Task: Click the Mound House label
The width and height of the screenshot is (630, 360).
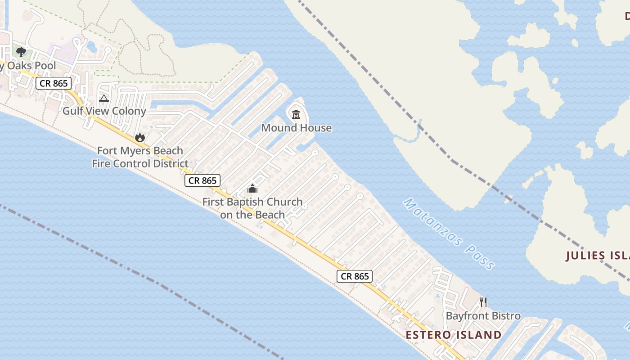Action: pos(296,128)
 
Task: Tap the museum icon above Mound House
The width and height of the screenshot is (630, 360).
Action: pos(296,115)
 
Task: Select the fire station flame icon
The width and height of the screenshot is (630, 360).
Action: pos(140,137)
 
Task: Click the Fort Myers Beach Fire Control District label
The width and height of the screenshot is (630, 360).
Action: pos(140,157)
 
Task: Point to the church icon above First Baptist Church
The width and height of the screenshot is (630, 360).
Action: pos(252,188)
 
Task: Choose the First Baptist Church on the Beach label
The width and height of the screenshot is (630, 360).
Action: pos(252,208)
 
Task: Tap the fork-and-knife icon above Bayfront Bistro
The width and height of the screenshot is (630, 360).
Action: pos(483,302)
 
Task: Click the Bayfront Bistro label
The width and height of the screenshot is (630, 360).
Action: pos(483,316)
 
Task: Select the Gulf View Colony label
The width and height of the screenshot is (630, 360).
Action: pos(104,111)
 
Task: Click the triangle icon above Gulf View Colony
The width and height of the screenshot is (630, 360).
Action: pos(104,98)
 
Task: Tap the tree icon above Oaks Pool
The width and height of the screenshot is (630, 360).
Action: pos(21,52)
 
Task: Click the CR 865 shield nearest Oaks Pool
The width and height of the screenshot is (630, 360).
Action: pos(54,83)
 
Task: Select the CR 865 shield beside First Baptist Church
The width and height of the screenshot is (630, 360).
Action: pos(202,180)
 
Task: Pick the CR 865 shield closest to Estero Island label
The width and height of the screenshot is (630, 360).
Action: pos(355,276)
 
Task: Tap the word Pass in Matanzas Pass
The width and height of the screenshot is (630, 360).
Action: pos(480,257)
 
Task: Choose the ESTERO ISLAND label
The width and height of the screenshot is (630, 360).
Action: pos(453,335)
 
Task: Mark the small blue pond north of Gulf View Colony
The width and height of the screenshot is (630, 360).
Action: pos(92,46)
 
